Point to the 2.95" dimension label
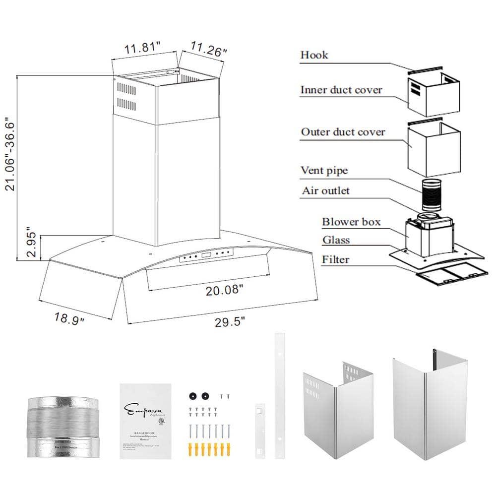point(31,243)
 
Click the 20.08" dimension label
point(224,290)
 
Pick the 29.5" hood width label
point(230,322)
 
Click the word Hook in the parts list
point(314,55)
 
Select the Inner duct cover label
point(341,90)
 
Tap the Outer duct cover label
point(343,132)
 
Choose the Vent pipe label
point(324,171)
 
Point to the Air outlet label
point(325,190)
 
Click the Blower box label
point(351,222)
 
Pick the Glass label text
point(336,240)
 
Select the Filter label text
point(335,259)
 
